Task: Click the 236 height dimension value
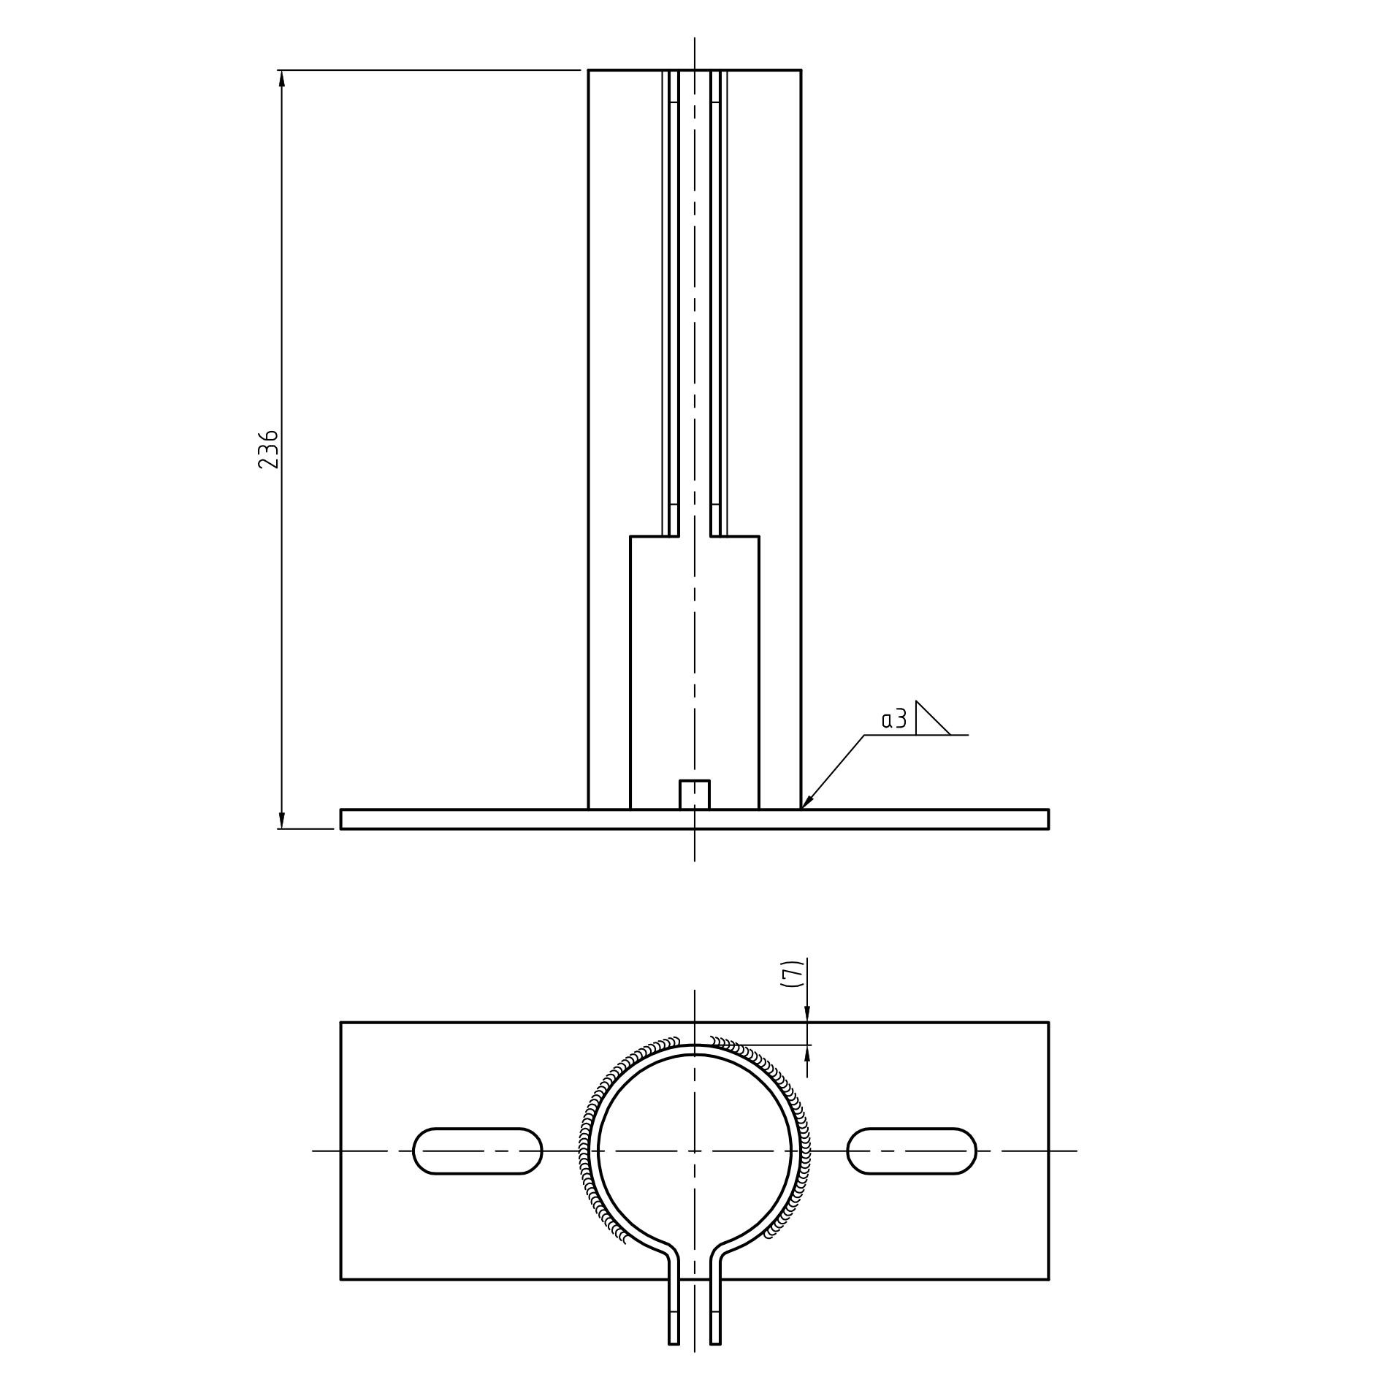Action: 268,449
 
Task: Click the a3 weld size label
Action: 894,720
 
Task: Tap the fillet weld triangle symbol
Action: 933,717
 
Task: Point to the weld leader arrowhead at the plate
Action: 807,801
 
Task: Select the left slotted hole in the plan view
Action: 478,1151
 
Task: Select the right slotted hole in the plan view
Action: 911,1151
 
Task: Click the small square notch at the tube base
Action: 694,795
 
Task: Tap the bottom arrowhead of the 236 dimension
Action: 282,821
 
